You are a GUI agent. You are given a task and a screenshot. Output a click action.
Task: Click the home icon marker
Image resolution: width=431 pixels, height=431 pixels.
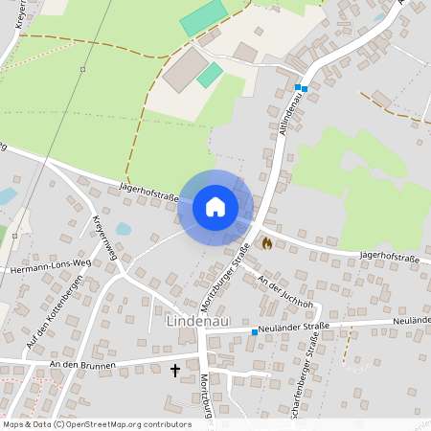tap(215, 206)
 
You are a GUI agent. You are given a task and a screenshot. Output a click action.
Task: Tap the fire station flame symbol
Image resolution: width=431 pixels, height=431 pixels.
tap(266, 243)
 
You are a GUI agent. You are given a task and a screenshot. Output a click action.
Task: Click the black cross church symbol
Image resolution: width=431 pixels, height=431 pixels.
tap(175, 369)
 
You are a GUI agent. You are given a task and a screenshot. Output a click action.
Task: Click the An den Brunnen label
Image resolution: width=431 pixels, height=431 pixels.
tap(83, 365)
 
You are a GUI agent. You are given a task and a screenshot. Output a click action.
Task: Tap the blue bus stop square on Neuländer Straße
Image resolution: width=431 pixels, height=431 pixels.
tap(254, 331)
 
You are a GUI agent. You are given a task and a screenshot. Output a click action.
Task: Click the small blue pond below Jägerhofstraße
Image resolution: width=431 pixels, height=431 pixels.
tap(124, 230)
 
